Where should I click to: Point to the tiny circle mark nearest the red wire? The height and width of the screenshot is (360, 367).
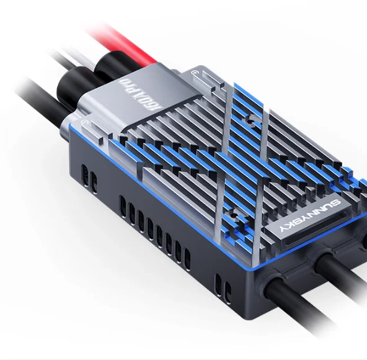[x=195, y=73]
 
